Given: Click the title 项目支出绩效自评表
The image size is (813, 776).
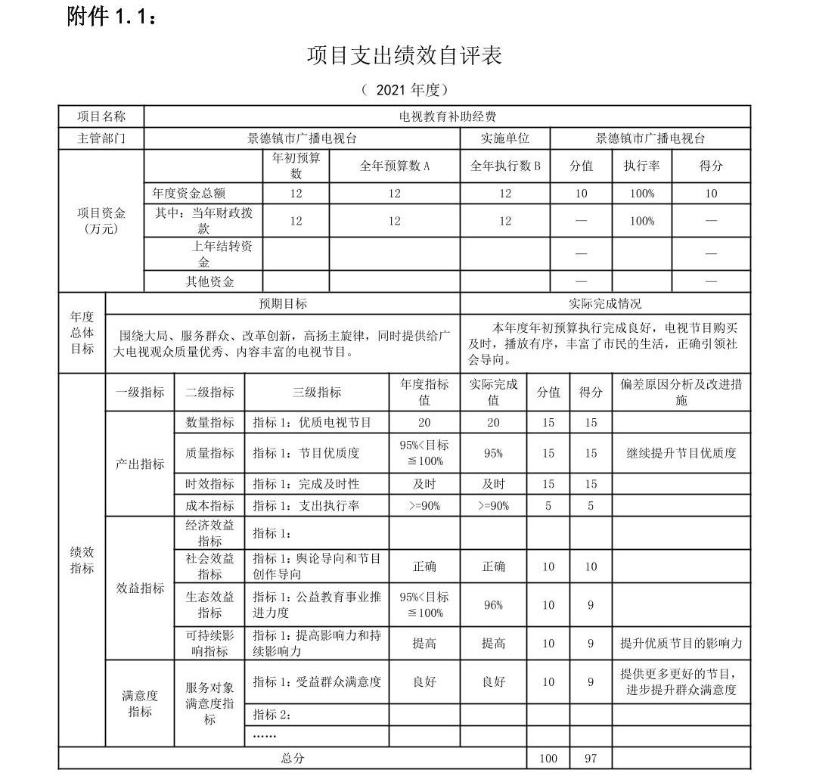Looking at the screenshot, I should click(405, 56).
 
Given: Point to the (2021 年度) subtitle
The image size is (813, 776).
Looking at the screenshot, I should click(405, 90).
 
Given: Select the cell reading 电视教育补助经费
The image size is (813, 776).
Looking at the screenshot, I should click(447, 116).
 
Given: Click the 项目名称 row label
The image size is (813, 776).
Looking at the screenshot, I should click(101, 116).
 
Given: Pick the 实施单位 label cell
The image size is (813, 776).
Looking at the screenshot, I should click(504, 138).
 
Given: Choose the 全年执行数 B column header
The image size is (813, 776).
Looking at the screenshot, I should click(504, 166).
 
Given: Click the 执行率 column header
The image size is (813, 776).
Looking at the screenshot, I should click(641, 166).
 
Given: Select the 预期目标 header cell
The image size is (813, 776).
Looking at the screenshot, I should click(282, 303).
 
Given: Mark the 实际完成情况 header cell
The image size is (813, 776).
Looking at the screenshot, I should click(605, 303).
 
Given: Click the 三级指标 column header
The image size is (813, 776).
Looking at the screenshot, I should click(317, 392).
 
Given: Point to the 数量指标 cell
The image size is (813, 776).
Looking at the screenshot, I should click(209, 422).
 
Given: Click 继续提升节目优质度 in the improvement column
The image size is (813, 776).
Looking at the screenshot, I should click(681, 453).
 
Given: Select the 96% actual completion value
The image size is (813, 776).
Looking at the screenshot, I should click(493, 605).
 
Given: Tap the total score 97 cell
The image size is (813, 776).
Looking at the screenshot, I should click(591, 758).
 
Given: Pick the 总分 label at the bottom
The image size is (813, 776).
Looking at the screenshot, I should click(293, 758).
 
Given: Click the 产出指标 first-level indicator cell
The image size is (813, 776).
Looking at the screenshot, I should click(140, 464).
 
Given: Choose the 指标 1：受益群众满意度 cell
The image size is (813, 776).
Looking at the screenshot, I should click(317, 681).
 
